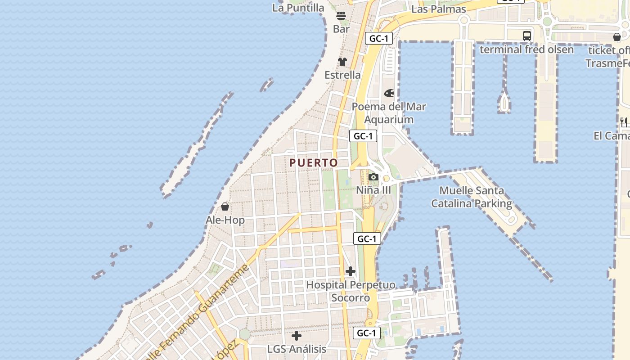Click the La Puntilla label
(x=298, y=8)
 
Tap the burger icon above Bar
(x=341, y=16)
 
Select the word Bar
(x=341, y=29)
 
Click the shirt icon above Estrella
(x=342, y=62)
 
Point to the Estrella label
(x=342, y=75)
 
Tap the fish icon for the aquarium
(x=389, y=93)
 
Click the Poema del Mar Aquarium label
(x=389, y=113)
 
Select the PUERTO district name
(x=314, y=162)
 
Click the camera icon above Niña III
(x=373, y=177)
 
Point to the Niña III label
(x=373, y=190)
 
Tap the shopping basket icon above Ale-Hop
(x=225, y=207)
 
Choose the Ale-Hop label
(x=225, y=220)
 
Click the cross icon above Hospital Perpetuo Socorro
(x=351, y=271)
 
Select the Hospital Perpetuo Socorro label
(x=351, y=291)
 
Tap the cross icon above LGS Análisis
(x=297, y=336)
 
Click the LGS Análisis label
(x=297, y=349)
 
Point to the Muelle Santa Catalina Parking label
(x=472, y=197)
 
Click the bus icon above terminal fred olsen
(x=526, y=36)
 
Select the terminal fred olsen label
(x=526, y=49)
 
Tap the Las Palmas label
(x=438, y=9)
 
